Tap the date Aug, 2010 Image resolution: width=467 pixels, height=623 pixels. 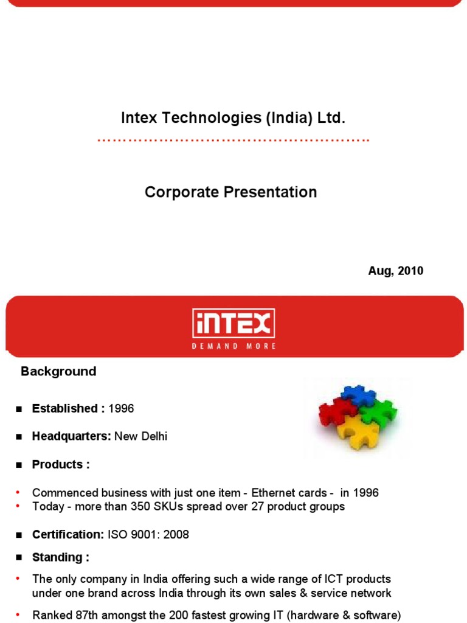[395, 271]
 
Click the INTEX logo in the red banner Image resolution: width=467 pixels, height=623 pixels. [234, 324]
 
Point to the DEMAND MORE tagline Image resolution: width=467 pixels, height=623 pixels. [234, 346]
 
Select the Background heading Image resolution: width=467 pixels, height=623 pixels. [58, 372]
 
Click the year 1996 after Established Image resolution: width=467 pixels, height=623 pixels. [121, 409]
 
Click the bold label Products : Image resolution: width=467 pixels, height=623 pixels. [61, 465]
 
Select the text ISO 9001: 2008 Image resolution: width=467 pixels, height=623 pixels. [148, 535]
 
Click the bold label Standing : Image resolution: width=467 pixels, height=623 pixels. [61, 557]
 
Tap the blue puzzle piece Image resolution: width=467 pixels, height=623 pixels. [358, 396]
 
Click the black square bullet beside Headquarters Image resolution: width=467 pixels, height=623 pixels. [19, 437]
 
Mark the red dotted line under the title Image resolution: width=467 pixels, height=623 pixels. [233, 141]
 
